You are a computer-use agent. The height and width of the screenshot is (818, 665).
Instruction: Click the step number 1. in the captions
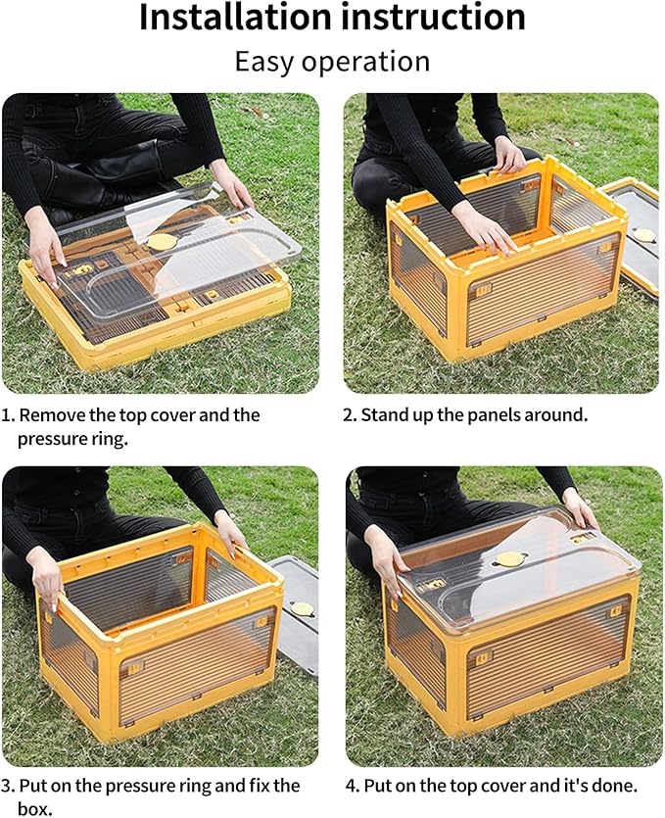[x=8, y=414]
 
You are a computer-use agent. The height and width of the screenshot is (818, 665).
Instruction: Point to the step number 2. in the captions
[x=350, y=414]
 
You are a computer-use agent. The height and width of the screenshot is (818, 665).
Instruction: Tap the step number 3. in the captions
[x=8, y=786]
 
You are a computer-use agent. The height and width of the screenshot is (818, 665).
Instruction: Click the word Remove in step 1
[x=49, y=414]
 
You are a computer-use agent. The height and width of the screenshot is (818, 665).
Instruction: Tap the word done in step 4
[x=615, y=786]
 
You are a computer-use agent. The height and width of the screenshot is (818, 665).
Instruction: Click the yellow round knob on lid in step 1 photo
[x=160, y=241]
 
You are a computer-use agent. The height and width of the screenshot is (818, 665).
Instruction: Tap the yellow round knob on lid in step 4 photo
[x=507, y=559]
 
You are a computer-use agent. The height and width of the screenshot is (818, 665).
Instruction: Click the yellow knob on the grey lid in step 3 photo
[x=302, y=608]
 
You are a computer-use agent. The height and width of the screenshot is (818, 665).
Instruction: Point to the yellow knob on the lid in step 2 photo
[x=643, y=235]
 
